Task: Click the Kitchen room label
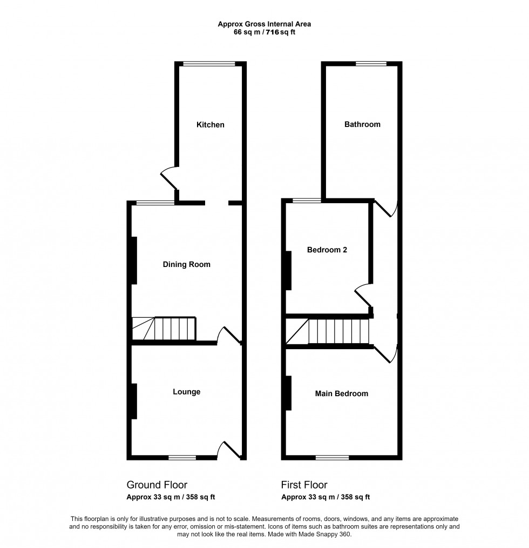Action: [x=210, y=125]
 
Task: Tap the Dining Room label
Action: [x=186, y=265]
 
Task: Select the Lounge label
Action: [x=186, y=392]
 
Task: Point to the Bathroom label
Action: [x=362, y=124]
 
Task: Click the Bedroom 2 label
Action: [x=327, y=250]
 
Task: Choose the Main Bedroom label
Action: [x=341, y=393]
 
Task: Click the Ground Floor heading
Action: [x=157, y=485]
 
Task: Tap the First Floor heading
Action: [x=304, y=485]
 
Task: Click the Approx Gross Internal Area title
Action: [x=264, y=24]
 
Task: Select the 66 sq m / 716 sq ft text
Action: [x=264, y=32]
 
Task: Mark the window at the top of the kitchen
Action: [x=209, y=64]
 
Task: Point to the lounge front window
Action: [x=182, y=458]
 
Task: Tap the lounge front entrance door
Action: [x=229, y=450]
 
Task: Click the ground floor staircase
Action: [x=165, y=329]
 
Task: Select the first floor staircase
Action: [x=329, y=331]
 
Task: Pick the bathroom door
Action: [x=386, y=208]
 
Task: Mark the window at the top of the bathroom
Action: [x=371, y=64]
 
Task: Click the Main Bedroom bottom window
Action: [x=332, y=458]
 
